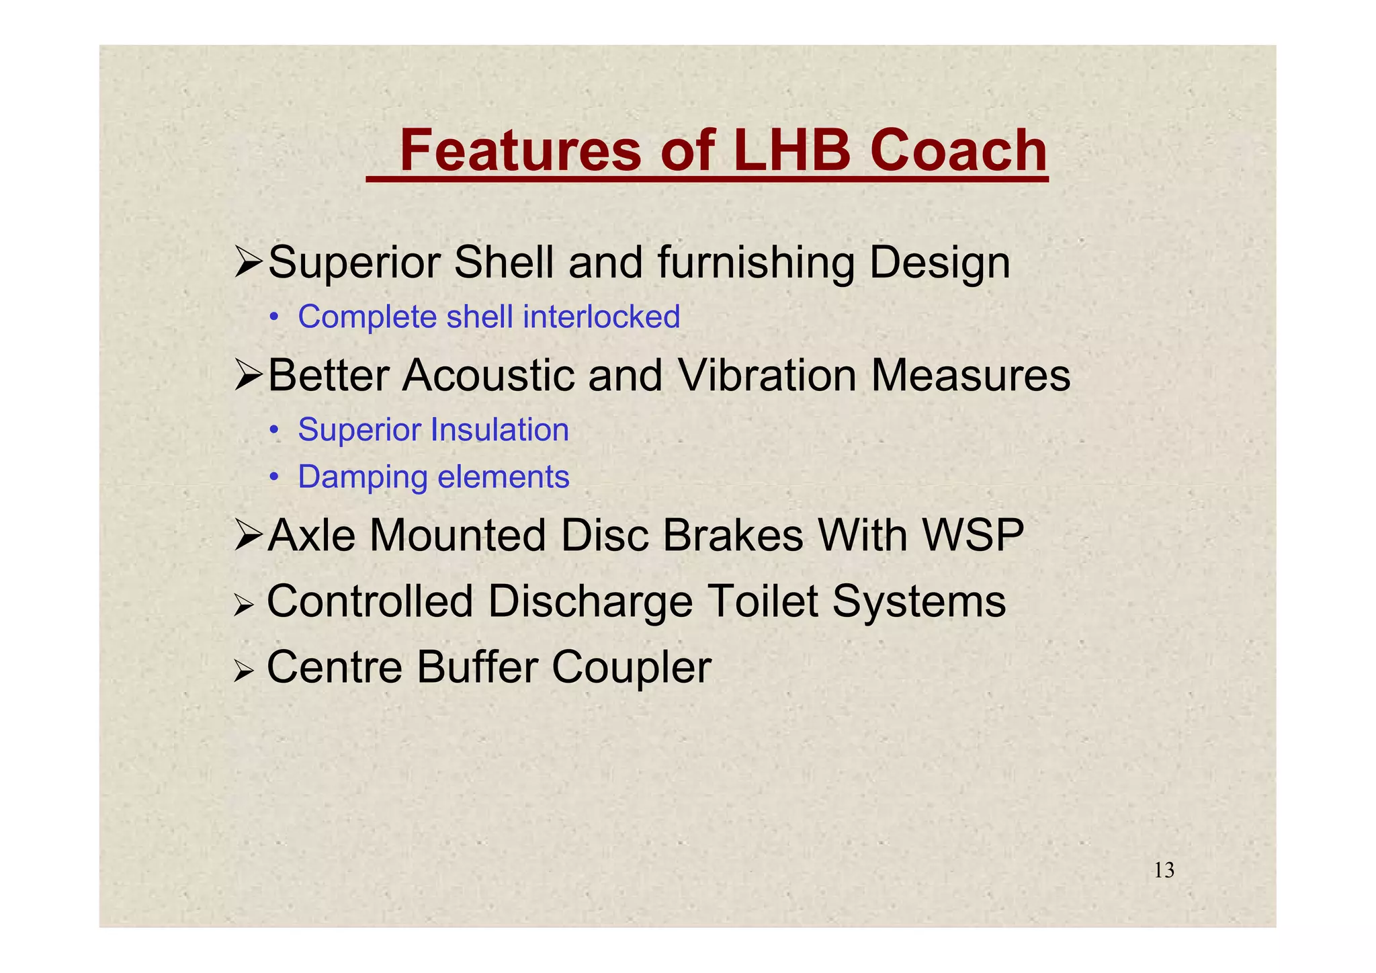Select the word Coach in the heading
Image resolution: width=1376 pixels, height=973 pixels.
(x=959, y=151)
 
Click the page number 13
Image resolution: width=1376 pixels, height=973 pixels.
(x=1164, y=871)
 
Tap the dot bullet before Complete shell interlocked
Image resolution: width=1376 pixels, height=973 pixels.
(x=273, y=318)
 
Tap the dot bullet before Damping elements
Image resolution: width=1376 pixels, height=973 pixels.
(x=273, y=478)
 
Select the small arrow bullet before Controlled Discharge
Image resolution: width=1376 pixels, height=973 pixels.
(x=243, y=607)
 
